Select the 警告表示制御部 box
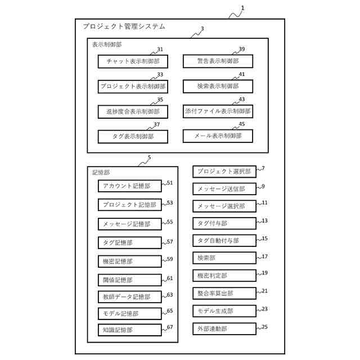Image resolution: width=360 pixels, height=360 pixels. [218, 61]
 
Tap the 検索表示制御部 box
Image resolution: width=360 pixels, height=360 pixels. [218, 86]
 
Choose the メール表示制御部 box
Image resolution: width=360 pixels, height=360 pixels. [218, 136]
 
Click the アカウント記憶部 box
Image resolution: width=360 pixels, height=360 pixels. [129, 186]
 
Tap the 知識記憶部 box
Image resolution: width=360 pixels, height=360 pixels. [129, 330]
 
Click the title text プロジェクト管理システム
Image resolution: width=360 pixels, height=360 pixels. [124, 26]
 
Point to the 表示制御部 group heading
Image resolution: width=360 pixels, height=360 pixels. [107, 43]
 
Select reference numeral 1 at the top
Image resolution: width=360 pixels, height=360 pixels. [242, 8]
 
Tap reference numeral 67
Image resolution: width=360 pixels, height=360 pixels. [170, 327]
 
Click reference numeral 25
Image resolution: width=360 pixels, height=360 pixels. [265, 326]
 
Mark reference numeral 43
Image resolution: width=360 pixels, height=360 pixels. [242, 100]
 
